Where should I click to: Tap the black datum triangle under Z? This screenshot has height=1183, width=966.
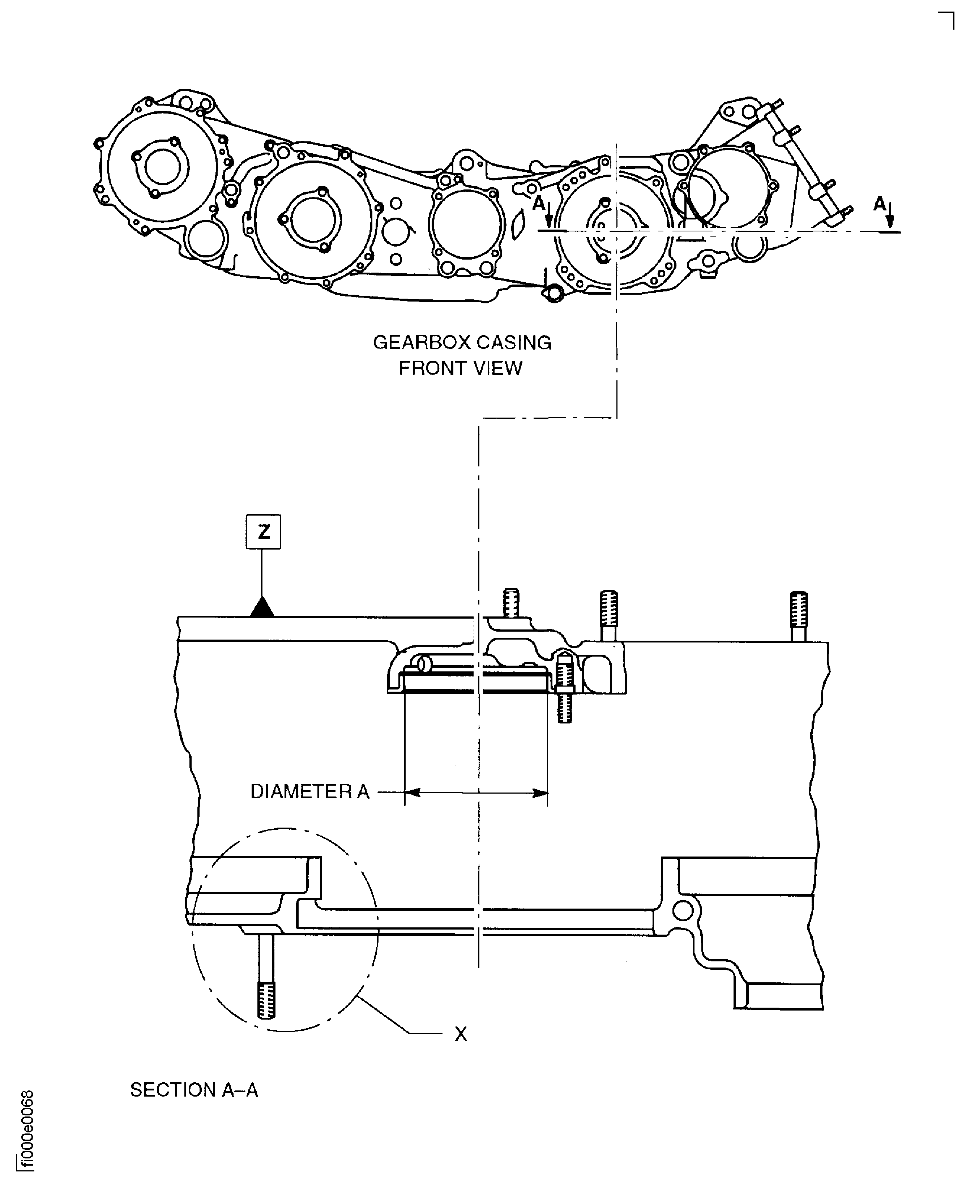point(261,608)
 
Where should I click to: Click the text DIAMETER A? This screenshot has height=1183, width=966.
point(309,791)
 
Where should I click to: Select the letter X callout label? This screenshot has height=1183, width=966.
point(461,1034)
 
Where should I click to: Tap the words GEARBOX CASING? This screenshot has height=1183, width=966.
point(462,343)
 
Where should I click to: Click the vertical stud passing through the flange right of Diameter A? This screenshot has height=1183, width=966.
point(564,688)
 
